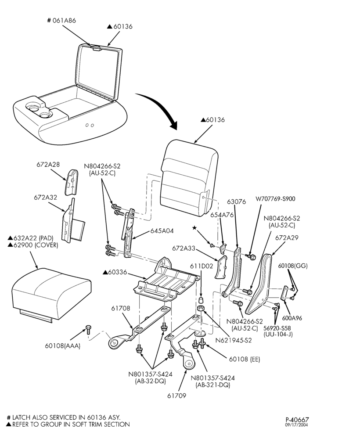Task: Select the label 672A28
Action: coord(48,164)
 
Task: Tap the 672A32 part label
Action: coord(45,197)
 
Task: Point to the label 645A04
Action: coord(162,231)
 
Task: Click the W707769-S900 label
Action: coord(275,199)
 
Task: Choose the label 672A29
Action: coord(287,237)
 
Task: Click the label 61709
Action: coord(176,396)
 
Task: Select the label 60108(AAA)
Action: coord(63,346)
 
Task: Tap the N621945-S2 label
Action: coord(234,340)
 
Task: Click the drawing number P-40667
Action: coord(297,420)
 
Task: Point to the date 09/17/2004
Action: coord(297,425)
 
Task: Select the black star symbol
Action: coord(194,227)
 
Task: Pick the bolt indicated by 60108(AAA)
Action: coord(88,329)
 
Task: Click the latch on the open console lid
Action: coord(96,48)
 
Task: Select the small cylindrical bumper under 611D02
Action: coord(201,301)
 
